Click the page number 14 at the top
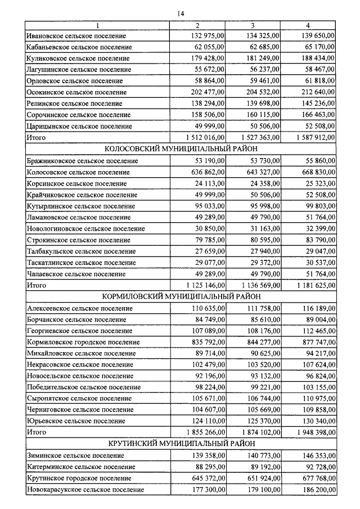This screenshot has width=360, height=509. coord(180,13)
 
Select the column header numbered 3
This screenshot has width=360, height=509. coord(253,26)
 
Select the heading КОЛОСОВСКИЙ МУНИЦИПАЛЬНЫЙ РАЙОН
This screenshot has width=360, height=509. coord(180,149)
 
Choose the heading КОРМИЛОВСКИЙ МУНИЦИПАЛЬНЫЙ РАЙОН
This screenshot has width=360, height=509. coord(180,296)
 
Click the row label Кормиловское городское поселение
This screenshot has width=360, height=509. coord(83,342)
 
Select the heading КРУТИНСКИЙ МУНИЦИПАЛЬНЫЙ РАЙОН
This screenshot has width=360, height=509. coord(180,444)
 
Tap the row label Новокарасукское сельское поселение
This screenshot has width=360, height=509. coord(85,490)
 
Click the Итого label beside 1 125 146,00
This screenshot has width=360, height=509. coord(37,286)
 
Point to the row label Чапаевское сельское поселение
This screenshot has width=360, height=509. coord(76,274)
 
